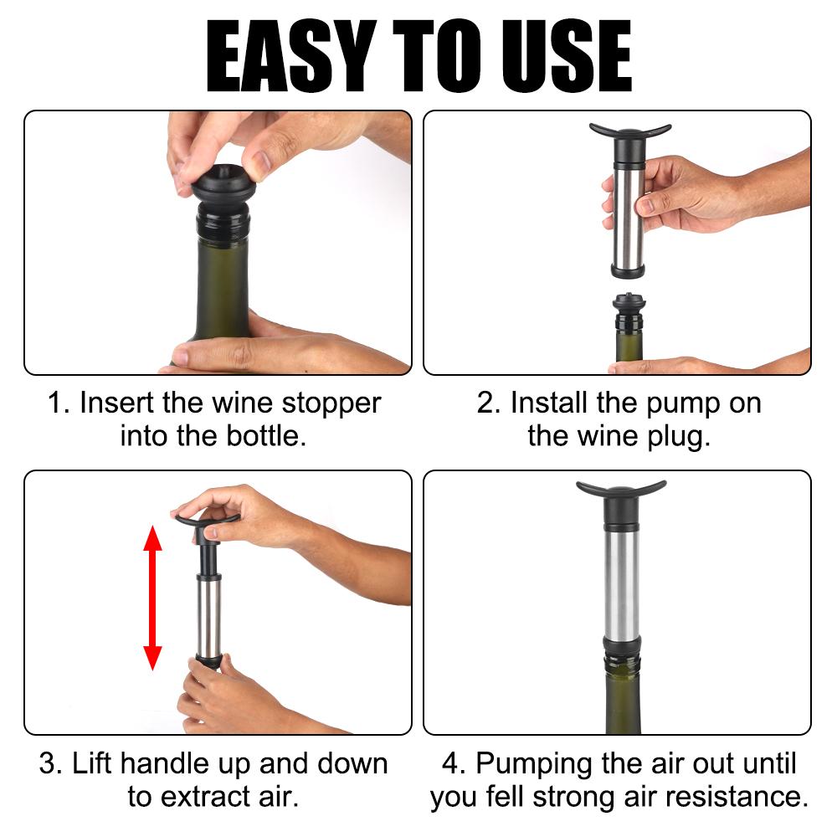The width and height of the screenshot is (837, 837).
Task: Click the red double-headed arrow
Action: (x=152, y=598)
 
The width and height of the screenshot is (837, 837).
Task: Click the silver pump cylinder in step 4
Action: (x=621, y=582)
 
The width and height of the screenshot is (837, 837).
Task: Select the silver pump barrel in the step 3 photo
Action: (x=208, y=619)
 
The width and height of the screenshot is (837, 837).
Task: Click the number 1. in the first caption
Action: (x=59, y=403)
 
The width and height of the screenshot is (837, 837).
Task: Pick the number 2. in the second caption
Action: (x=489, y=403)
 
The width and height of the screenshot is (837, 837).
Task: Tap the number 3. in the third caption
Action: (x=51, y=763)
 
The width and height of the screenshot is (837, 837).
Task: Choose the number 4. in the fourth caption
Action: (x=454, y=763)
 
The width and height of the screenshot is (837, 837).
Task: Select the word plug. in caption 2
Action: (x=679, y=438)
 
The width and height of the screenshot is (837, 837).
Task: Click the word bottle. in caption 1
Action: (x=266, y=436)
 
